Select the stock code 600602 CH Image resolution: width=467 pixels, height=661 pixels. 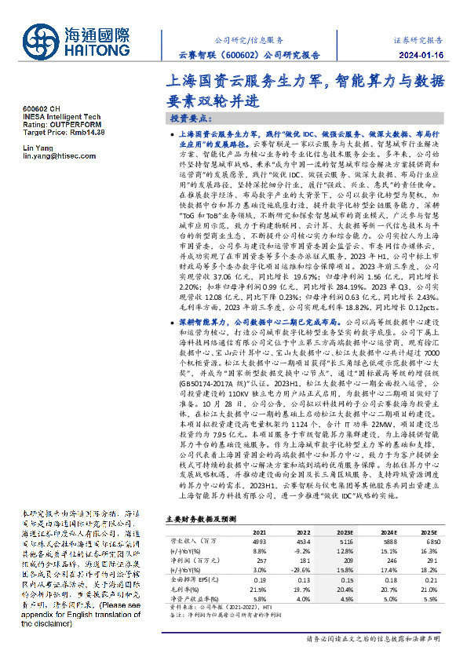point(41,110)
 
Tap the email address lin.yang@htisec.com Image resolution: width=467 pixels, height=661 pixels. point(59,156)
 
